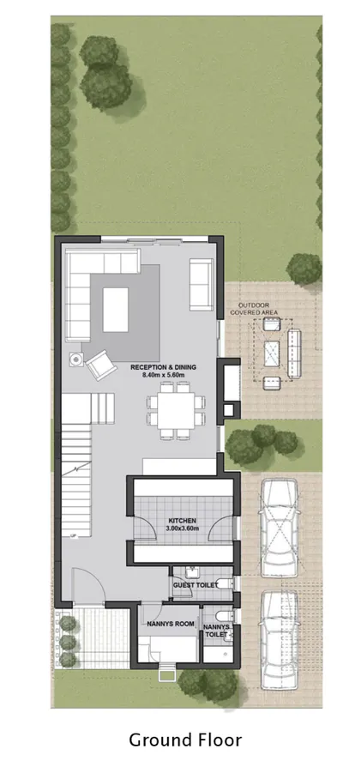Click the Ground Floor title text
185,739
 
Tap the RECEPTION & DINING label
163,367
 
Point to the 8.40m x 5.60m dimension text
163,376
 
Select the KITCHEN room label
181,521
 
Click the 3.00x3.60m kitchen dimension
181,529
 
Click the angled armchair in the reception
99,365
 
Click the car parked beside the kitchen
280,525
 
